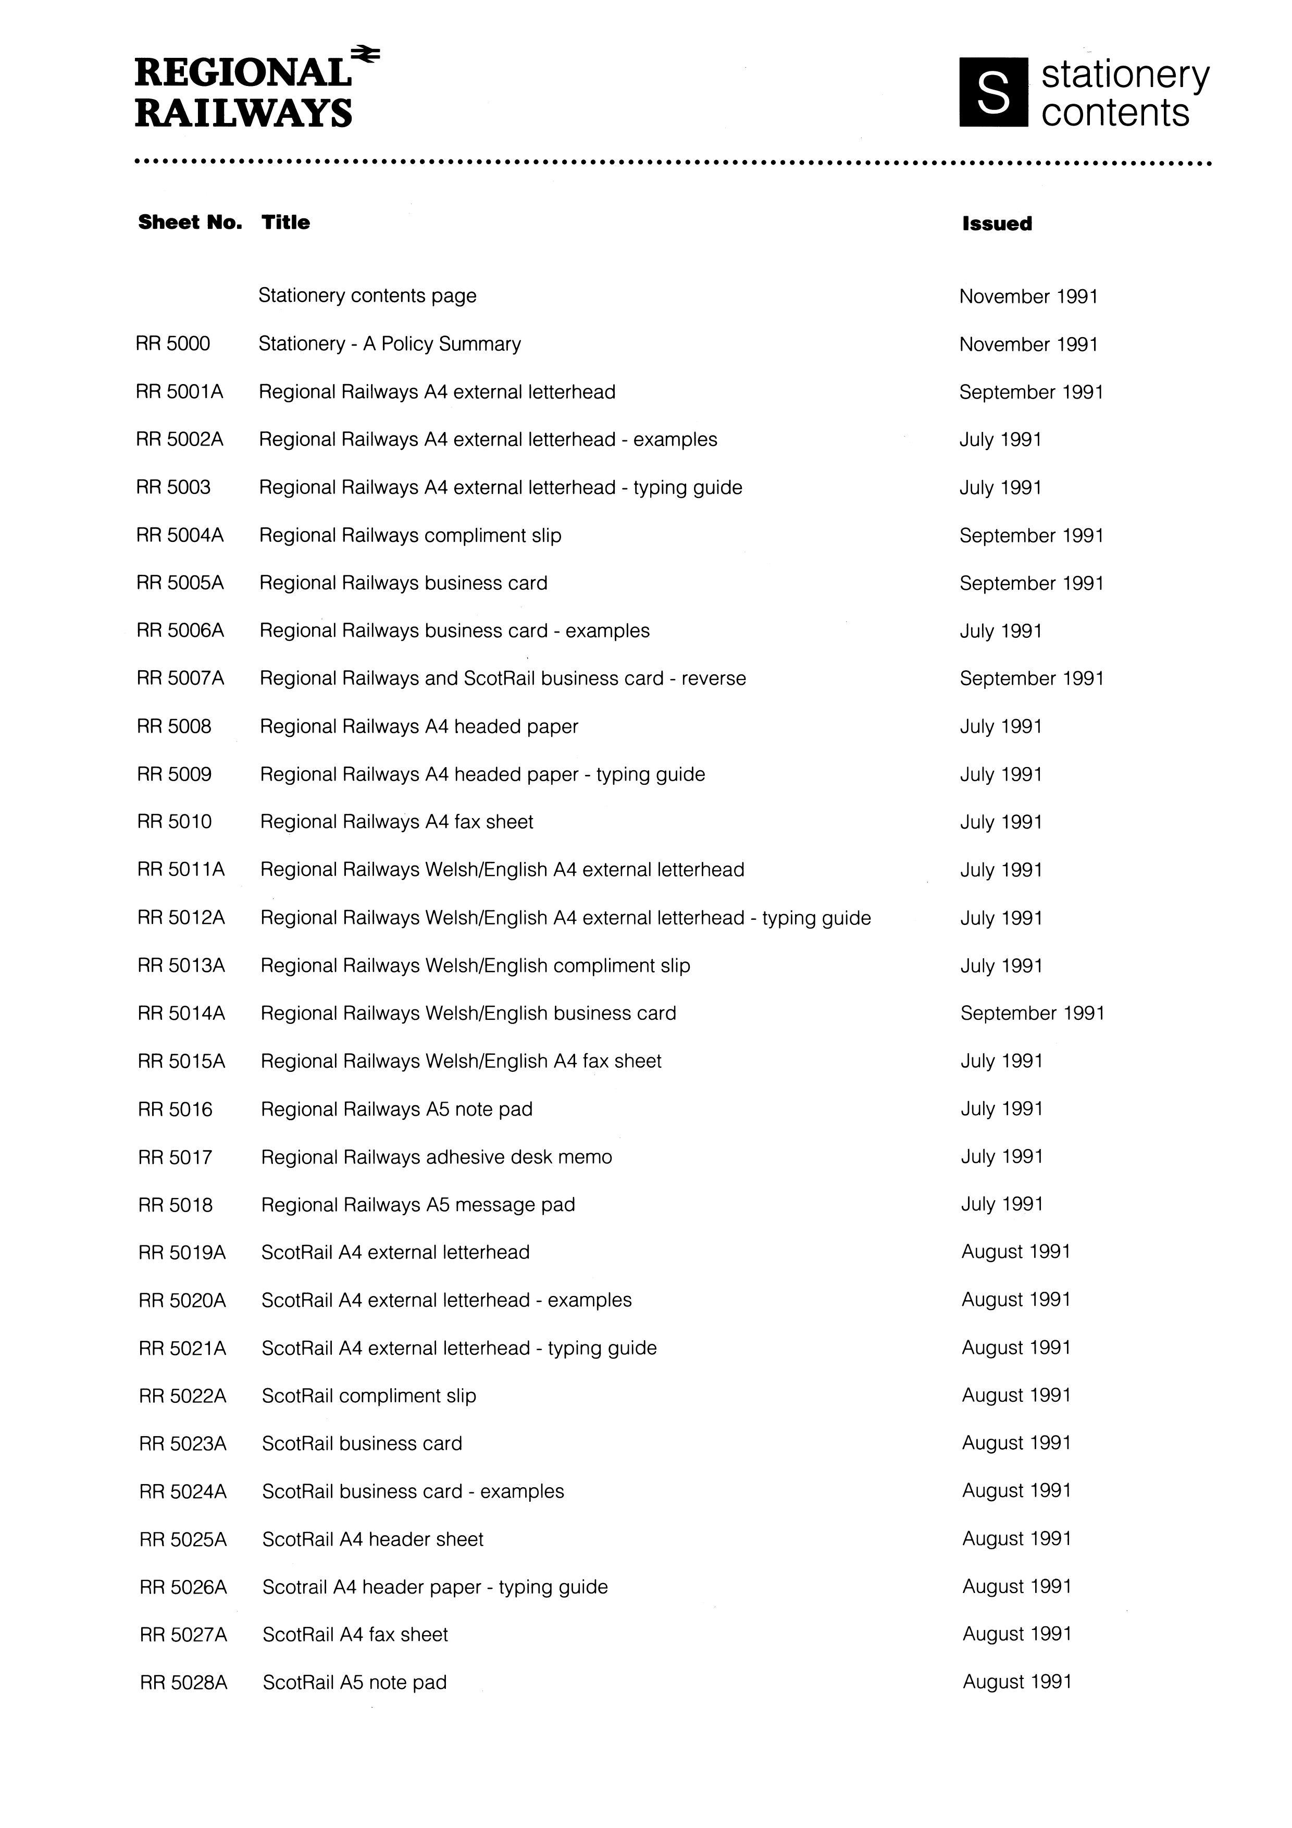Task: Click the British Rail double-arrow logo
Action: [367, 54]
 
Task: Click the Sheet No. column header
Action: [190, 222]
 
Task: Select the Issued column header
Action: [997, 224]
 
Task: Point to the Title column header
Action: [286, 222]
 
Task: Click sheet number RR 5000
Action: [173, 344]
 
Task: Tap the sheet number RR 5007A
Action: [181, 678]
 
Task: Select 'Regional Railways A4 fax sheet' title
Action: [396, 822]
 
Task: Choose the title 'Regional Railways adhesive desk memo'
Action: [436, 1157]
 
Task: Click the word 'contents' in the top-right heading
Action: [1114, 112]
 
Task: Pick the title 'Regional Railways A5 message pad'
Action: [418, 1205]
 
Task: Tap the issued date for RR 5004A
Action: [1032, 535]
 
